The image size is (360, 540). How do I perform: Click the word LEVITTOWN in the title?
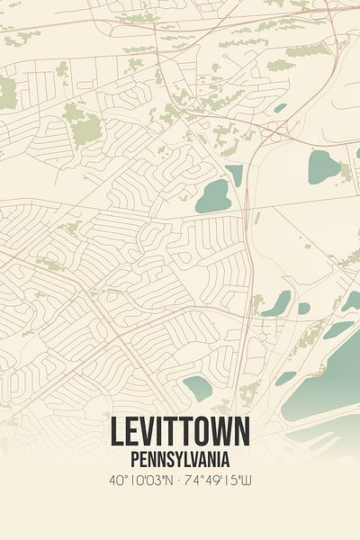coord(180,432)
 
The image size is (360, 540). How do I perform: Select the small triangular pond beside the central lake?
coord(235,173)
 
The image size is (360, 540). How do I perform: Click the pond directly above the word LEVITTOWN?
coord(198,388)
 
